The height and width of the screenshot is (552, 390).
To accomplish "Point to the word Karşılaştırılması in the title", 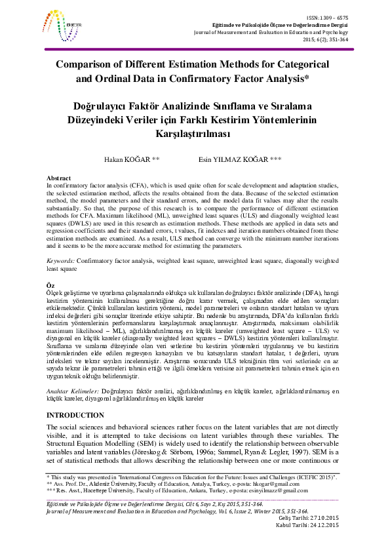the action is (194, 132).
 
